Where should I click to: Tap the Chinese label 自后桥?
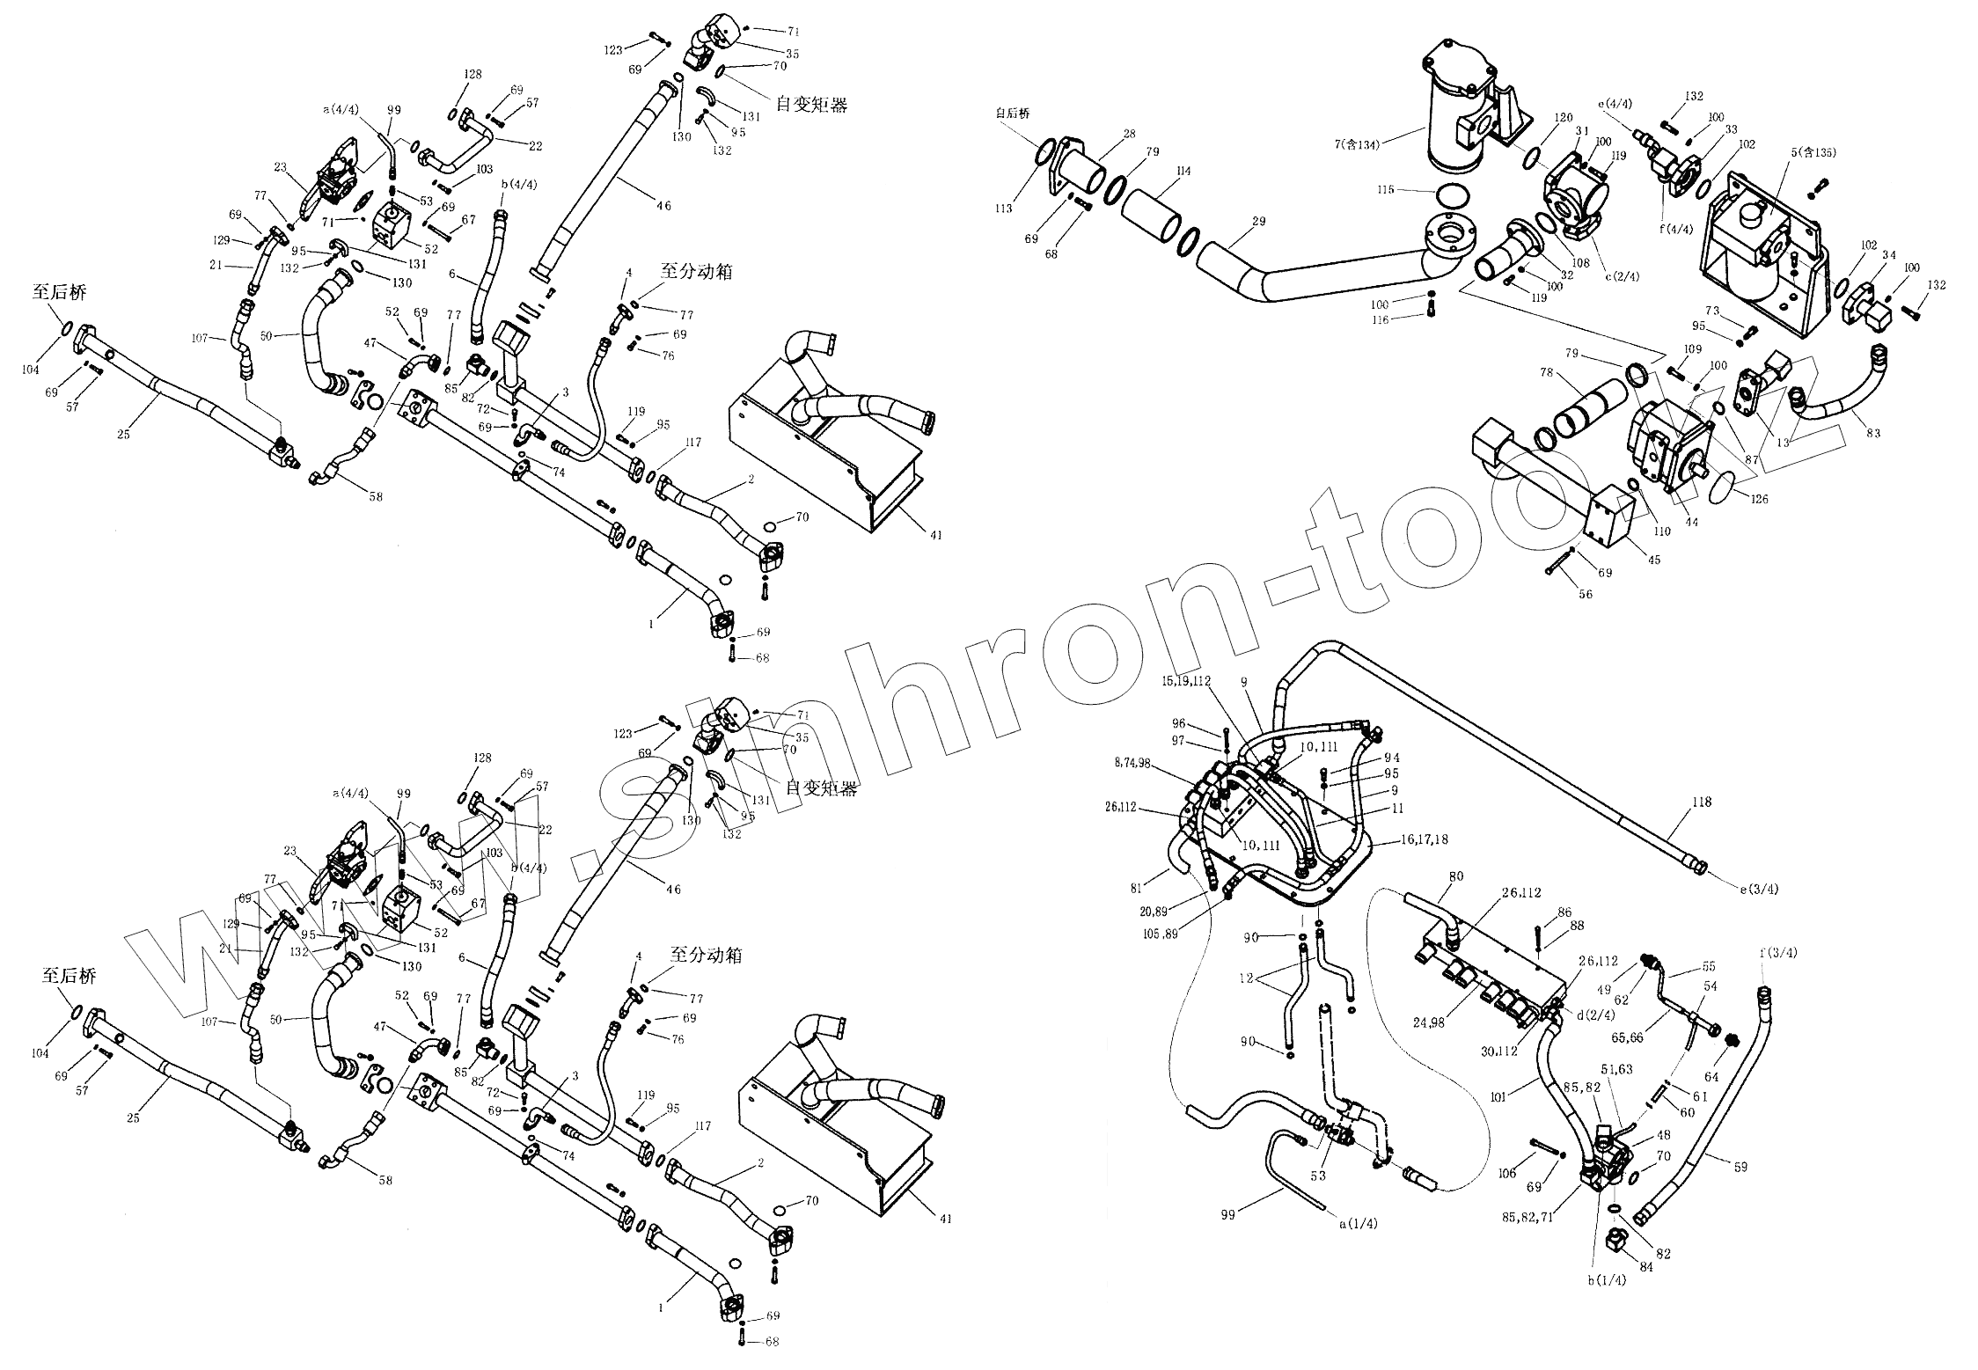(x=1012, y=114)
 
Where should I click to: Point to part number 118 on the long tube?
(x=1702, y=802)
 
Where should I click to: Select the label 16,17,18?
(x=1424, y=839)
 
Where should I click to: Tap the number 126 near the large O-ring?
(x=1733, y=499)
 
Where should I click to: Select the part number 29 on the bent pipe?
(x=1259, y=222)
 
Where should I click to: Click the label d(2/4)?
(x=1593, y=1015)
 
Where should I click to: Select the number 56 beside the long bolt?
(x=1585, y=594)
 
